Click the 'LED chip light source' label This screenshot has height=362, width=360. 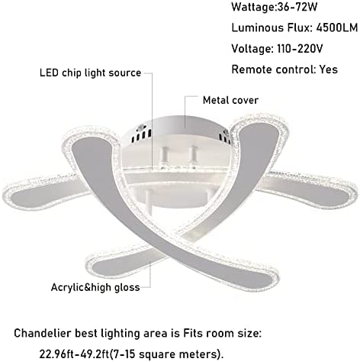coord(90,73)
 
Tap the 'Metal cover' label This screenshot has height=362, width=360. coord(230,100)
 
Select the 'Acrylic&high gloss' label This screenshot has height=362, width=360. coord(95,287)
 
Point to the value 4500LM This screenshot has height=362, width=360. coord(337,27)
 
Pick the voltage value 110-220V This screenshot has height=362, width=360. coord(300,48)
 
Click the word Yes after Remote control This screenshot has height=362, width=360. coord(329,69)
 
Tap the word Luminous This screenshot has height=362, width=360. coord(258,27)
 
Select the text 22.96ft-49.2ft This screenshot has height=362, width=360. coord(76,354)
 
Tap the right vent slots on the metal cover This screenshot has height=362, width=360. coord(225,138)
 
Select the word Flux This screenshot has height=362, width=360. coord(300,27)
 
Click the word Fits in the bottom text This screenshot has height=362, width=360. coord(193,333)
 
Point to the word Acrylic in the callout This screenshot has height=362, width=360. coord(67,287)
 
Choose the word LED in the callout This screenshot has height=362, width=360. coord(49,73)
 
